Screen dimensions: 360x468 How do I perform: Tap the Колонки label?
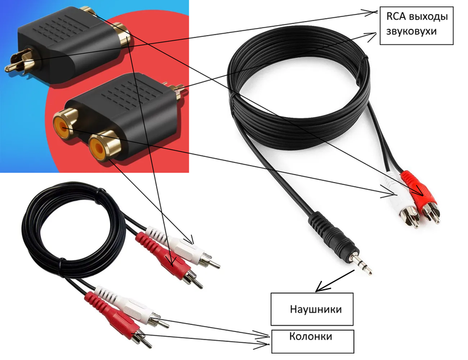pos(311,337)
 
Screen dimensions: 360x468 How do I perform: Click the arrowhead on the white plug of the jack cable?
pos(393,190)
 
